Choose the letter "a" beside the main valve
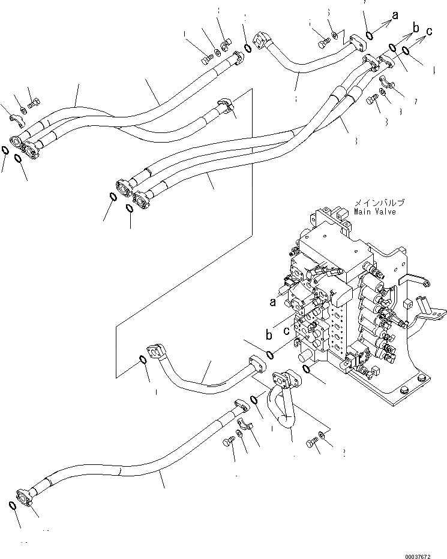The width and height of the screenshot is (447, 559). tap(273, 303)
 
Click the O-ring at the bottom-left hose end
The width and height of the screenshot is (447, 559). tap(13, 507)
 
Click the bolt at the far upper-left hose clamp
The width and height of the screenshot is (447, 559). tap(34, 102)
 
